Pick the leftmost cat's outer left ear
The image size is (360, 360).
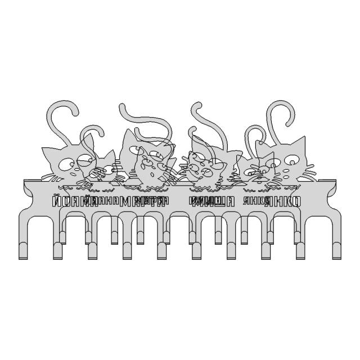click(x=46, y=152)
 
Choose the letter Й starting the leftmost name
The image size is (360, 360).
click(x=55, y=201)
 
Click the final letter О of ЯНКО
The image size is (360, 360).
click(x=297, y=201)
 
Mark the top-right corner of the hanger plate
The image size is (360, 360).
click(x=336, y=181)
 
